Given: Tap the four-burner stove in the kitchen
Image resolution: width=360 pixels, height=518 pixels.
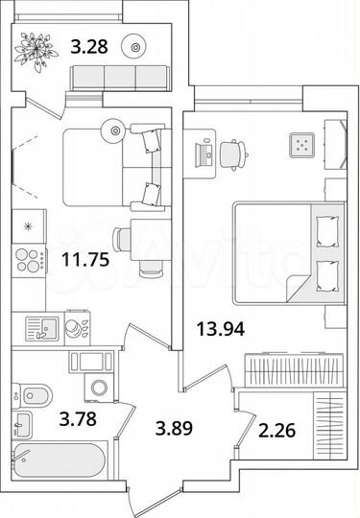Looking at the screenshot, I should click(29, 260).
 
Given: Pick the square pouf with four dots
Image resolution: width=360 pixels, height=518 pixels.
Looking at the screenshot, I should click(301, 146).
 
